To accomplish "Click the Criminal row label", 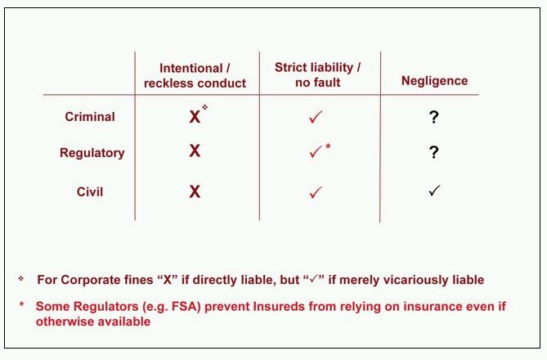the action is click(x=90, y=117).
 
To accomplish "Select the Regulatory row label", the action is click(x=92, y=153).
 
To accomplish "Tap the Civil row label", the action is click(x=90, y=191).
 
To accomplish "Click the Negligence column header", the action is click(x=434, y=81).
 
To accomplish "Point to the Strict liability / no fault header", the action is click(x=317, y=74).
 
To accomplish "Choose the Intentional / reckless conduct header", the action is click(x=195, y=76).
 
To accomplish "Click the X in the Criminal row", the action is click(x=195, y=117).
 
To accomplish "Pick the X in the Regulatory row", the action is click(x=195, y=151).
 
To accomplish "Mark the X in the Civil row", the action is click(x=195, y=191).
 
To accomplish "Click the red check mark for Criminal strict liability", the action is click(x=316, y=117).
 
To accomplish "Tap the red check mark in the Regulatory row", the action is click(x=316, y=151).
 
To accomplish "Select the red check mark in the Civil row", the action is click(x=316, y=192).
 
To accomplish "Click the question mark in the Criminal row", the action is click(x=433, y=117).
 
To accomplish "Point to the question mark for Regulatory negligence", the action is click(x=433, y=152).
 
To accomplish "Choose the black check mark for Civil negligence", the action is click(x=435, y=191).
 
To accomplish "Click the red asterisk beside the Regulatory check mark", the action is click(x=328, y=146).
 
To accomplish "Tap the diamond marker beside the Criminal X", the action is click(x=204, y=107).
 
